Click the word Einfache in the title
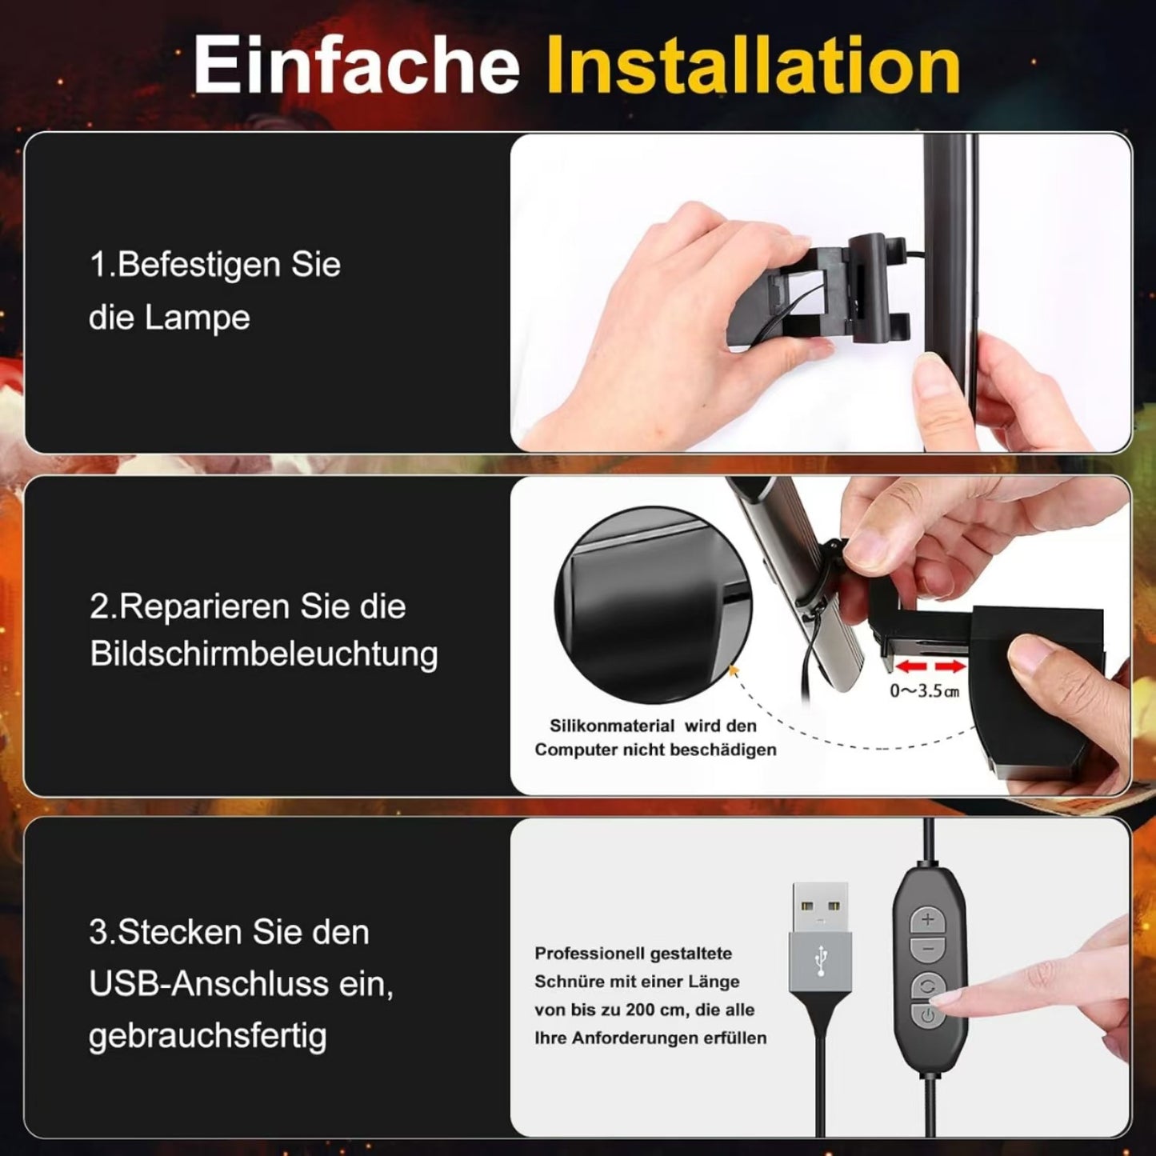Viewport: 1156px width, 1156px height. point(356,66)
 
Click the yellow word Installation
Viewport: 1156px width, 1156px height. point(753,66)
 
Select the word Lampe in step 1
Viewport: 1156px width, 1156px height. point(197,318)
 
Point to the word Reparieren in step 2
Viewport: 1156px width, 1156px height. point(202,606)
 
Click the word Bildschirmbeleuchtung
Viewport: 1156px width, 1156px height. point(264,654)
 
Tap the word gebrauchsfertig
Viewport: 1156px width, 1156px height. point(208,1036)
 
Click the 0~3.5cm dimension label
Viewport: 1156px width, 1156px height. point(924,690)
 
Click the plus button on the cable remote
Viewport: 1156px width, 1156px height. point(928,920)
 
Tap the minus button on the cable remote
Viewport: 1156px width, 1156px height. point(928,950)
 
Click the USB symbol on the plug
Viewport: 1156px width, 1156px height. point(820,961)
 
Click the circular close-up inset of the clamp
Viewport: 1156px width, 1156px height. point(652,606)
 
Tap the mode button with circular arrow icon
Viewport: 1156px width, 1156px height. point(928,986)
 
